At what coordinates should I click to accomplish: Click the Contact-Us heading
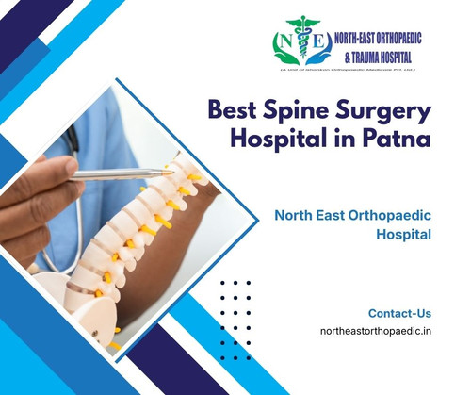(x=398, y=312)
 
